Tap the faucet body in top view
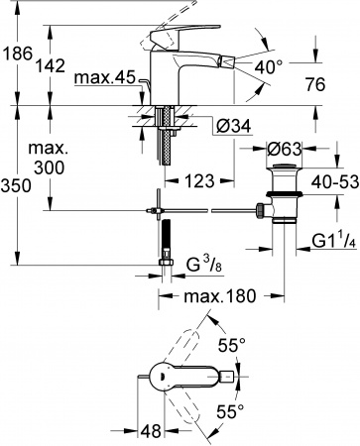[x=188, y=378]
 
